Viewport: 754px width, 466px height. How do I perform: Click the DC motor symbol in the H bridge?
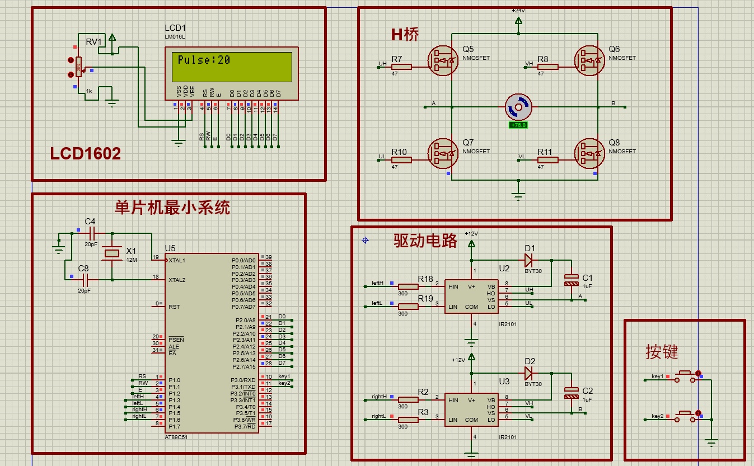[518, 106]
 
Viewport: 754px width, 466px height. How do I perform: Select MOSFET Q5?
[443, 60]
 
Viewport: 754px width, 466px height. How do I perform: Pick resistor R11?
[547, 159]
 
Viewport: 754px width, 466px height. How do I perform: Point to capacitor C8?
[85, 279]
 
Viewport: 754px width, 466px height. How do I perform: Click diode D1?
[527, 260]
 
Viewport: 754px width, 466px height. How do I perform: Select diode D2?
[527, 373]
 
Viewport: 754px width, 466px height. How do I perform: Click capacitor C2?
[571, 393]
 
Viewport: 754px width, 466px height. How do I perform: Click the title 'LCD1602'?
[85, 154]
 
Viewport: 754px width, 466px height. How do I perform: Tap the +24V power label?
[518, 11]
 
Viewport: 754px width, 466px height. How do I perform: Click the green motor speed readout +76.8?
[518, 125]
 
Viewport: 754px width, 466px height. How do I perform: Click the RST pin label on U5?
[174, 307]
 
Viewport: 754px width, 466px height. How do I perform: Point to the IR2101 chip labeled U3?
[471, 409]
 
